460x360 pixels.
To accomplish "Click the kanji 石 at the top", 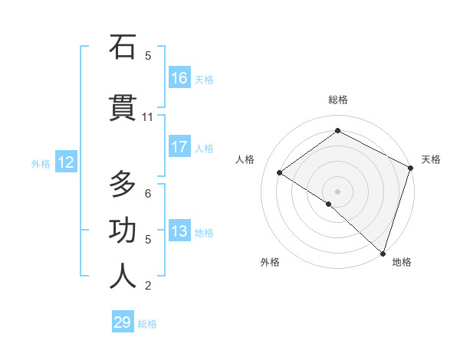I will coord(123,47).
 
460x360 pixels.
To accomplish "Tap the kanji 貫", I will coord(123,109).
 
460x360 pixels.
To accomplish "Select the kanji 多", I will coord(123,185).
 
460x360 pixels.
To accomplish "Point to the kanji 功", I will coord(123,231).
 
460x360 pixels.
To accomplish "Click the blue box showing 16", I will coord(179,78).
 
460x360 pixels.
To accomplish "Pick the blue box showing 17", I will coord(179,147).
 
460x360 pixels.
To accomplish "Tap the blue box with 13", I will coord(179,231).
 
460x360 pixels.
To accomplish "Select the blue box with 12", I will coord(65,162).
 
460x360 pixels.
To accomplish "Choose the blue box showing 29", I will coord(123,322).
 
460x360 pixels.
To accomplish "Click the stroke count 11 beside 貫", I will coord(148,117).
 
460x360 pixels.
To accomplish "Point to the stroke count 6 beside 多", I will coord(148,193).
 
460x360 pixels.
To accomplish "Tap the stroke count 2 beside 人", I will coord(148,286).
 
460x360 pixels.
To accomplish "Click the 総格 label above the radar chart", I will coord(337,100).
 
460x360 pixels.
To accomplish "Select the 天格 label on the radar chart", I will coord(431,159).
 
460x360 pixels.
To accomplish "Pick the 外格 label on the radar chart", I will coord(270,262).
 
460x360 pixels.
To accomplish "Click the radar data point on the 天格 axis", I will coord(411,168).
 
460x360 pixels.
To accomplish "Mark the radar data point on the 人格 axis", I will coord(280,172).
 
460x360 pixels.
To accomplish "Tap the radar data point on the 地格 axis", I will coord(383,253).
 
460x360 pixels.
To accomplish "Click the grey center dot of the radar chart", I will coord(337,191).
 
